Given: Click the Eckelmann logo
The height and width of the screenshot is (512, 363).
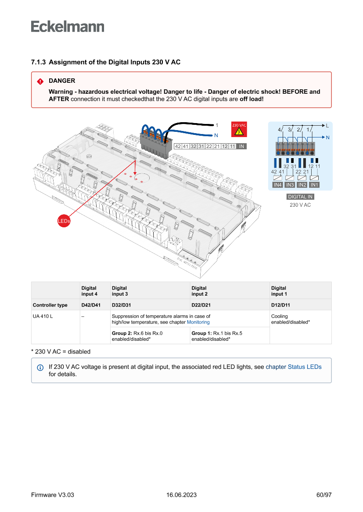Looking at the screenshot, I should (68, 26).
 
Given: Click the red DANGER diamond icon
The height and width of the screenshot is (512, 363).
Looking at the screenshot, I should (40, 81).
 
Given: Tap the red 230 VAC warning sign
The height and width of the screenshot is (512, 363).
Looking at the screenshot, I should (239, 129).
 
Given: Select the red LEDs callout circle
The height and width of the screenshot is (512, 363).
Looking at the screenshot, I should (64, 221).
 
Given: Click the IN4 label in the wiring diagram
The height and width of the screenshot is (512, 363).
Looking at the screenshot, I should (277, 185).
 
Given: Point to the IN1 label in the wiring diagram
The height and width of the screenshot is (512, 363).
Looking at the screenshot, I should (314, 185).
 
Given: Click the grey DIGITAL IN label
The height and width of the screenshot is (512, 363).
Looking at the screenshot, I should (300, 197).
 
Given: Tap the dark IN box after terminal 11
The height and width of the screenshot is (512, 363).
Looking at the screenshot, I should (242, 146).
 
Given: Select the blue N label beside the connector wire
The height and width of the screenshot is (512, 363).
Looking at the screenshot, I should (216, 135).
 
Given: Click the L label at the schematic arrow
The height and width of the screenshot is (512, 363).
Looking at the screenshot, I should (327, 125).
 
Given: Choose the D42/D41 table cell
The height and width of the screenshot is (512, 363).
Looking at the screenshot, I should (91, 305).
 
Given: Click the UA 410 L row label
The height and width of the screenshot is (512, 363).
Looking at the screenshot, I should (43, 316).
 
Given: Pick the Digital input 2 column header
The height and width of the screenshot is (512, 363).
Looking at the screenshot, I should (199, 291).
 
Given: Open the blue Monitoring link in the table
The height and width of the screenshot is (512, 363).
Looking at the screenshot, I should (198, 322).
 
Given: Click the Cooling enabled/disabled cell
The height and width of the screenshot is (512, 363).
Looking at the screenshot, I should (290, 319).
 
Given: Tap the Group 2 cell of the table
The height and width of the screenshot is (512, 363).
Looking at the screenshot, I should (137, 336).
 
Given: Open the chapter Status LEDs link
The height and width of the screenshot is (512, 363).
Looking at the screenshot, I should (294, 367).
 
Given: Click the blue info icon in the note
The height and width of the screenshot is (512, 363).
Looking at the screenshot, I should (40, 367).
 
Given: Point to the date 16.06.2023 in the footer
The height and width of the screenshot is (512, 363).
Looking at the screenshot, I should (181, 495).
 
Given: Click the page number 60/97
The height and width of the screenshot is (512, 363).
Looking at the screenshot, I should (323, 495).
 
